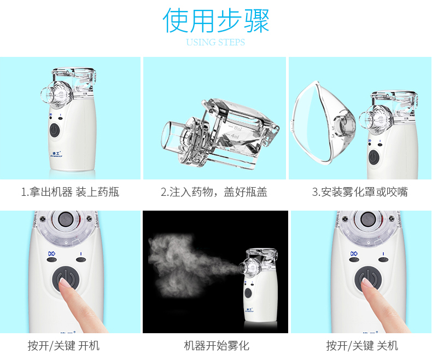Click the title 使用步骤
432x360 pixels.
point(215,20)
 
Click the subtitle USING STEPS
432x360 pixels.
point(215,42)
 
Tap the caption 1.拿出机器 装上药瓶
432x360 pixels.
point(70,192)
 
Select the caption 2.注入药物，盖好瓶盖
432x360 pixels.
point(214,192)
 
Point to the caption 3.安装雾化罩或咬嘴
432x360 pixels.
point(360,192)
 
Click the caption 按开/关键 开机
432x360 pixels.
point(63,345)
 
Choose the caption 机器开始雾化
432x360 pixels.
point(217,345)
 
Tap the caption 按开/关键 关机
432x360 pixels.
point(363,345)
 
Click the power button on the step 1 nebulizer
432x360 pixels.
point(55,130)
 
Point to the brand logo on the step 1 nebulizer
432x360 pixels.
point(57,154)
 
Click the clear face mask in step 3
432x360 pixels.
point(323,123)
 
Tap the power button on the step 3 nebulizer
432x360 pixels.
point(373,157)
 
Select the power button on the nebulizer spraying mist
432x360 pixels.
point(248,293)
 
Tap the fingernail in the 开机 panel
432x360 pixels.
point(64,283)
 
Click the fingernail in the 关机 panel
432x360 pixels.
point(366,283)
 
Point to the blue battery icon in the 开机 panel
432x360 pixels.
point(51,253)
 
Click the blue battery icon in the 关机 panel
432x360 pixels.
point(354,253)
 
